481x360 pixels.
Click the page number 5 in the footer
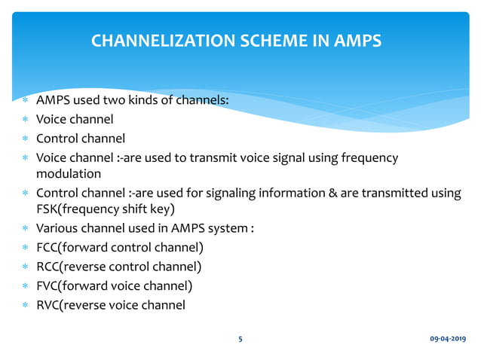tap(240, 339)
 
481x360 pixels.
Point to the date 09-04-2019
tap(448, 339)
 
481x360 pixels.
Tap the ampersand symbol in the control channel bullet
tap(332, 193)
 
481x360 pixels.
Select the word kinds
tap(146, 99)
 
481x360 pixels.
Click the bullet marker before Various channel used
tap(25, 229)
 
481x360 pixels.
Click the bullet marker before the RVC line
tap(25, 306)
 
